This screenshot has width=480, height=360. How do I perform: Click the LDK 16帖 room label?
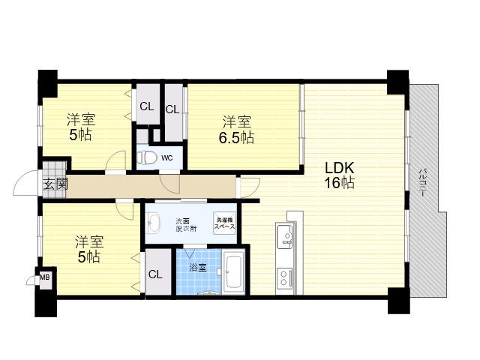pos(339,175)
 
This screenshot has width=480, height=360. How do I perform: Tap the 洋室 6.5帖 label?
pos(236,130)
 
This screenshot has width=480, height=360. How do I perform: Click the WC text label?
pos(166,158)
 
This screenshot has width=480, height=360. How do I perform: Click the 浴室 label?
pos(197,268)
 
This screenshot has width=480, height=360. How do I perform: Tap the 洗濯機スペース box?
pos(224,223)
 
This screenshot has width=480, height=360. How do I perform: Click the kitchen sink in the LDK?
pos(286,235)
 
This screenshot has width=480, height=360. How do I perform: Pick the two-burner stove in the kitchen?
pos(285,278)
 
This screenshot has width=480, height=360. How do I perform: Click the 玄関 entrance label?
pos(55,185)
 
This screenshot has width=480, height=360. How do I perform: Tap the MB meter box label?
pos(45,277)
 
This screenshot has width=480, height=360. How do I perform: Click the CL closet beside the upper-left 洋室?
pos(147,106)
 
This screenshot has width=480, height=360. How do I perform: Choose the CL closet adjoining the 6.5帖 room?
pos(172,109)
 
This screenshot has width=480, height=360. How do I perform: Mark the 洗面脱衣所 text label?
pos(186,224)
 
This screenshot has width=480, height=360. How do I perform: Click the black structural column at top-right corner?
pos(397,82)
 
